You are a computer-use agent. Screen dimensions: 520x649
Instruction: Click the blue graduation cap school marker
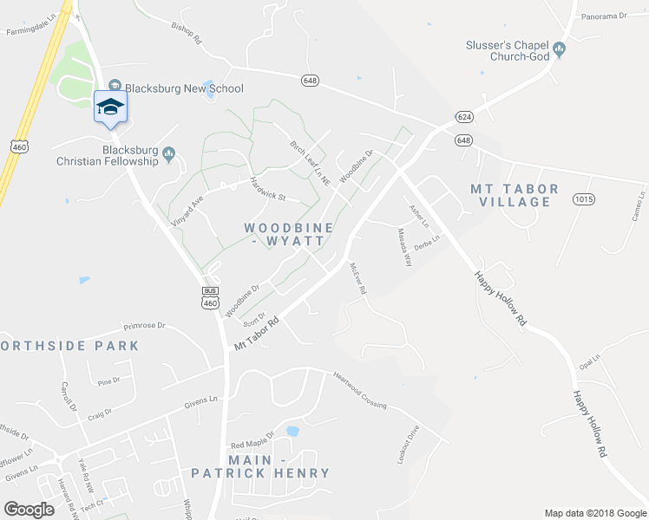tap(110, 107)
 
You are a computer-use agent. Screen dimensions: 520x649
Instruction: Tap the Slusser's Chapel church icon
tap(560, 49)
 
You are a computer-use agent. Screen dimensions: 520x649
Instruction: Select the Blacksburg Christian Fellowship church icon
tap(169, 154)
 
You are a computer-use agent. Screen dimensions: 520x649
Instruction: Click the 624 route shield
tap(463, 116)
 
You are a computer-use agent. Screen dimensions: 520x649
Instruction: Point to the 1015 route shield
tap(583, 199)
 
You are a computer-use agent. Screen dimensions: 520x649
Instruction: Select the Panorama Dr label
tap(604, 16)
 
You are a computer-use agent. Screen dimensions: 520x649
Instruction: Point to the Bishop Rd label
tap(186, 33)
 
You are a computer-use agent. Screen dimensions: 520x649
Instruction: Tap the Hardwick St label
tap(267, 189)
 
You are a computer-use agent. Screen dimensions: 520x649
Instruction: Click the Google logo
tap(29, 510)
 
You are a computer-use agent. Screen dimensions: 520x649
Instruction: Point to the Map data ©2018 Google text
tap(594, 513)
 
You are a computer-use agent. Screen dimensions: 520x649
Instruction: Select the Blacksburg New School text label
tap(184, 88)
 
